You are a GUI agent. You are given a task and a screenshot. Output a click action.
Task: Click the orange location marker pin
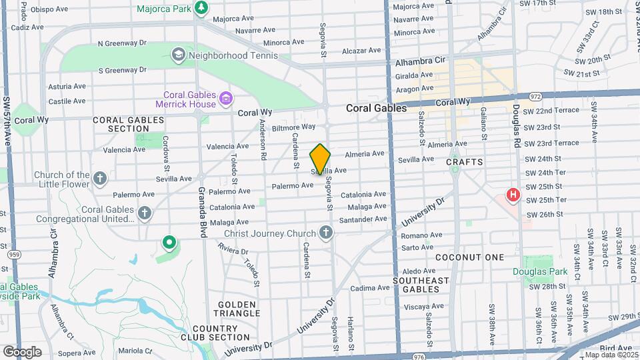(320, 159)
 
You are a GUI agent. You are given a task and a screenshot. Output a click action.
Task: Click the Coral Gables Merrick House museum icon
(226, 99)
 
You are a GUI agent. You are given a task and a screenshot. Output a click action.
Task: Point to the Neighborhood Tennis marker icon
(178, 54)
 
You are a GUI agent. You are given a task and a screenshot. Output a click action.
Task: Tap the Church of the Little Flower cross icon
(99, 179)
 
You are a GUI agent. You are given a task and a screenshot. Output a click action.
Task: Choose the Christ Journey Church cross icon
(325, 233)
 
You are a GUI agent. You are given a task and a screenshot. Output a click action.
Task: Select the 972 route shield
(535, 97)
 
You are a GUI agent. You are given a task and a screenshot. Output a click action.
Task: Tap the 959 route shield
(13, 254)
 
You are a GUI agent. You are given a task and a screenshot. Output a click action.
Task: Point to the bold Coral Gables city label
(376, 108)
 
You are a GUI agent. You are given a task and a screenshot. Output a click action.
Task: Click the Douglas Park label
(540, 271)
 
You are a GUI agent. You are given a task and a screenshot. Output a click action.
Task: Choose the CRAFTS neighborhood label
(464, 162)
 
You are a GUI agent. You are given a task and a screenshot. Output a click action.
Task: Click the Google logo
(22, 351)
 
